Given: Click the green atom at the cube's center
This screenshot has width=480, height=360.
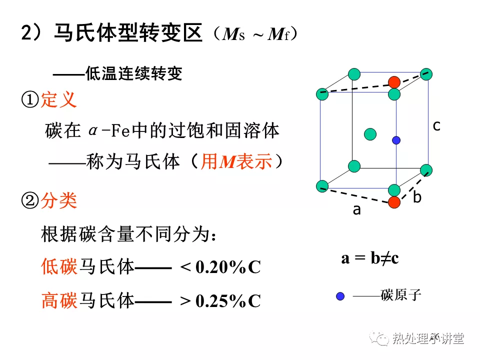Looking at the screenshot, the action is (370, 134).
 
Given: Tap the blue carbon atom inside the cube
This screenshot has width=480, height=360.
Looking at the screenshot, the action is (396, 140).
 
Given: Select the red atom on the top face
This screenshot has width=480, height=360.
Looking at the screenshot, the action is (394, 82).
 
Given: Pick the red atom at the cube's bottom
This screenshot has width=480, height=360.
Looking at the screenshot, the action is (394, 202).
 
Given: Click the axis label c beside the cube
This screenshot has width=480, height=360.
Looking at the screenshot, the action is (436, 126).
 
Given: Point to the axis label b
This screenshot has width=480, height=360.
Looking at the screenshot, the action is (417, 196).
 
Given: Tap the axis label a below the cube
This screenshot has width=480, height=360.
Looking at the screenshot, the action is (356, 210).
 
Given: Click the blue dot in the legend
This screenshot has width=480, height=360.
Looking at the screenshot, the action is (340, 296).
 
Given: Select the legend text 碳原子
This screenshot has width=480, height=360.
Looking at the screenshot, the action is (400, 295).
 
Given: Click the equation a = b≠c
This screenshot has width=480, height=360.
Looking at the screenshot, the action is (370, 258).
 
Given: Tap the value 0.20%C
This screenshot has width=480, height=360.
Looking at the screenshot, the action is (228, 267).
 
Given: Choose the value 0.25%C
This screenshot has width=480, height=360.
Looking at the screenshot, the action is (228, 300).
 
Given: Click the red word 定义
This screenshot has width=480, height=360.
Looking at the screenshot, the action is (58, 99).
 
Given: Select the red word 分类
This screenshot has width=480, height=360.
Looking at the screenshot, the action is (58, 200).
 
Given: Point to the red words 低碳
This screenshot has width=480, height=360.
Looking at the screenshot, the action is (59, 266).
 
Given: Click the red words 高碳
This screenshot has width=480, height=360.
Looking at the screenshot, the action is (59, 300).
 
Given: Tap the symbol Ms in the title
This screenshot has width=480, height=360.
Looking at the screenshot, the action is (233, 34).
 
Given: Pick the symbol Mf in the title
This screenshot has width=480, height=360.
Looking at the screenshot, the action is (278, 34).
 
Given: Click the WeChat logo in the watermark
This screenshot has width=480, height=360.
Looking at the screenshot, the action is (378, 338).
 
